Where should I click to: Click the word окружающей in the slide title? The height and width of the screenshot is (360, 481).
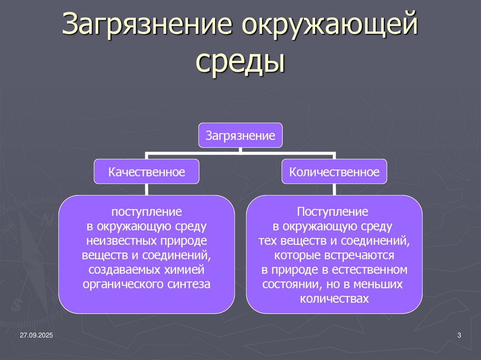coord(329,26)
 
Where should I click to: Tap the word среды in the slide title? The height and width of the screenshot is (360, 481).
coord(240,62)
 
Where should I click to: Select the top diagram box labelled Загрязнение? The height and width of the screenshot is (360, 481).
coord(240,136)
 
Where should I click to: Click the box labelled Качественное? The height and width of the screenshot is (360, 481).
coord(147,172)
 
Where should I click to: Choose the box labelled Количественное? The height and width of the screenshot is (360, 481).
coord(334,172)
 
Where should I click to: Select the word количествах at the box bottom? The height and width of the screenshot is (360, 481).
coord(334,299)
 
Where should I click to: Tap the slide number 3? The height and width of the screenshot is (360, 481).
coord(459,335)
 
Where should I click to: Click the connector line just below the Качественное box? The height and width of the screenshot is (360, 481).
coord(147,190)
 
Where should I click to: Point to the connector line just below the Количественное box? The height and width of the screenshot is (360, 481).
coord(334,190)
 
